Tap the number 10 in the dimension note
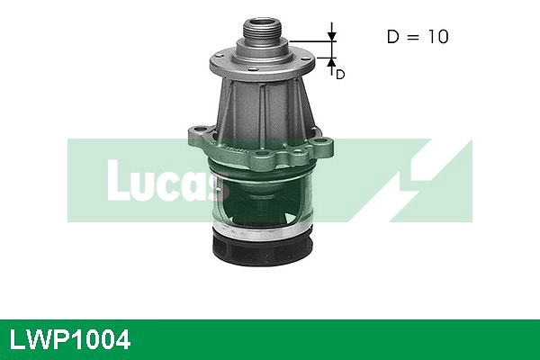[435, 37]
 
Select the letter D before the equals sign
[392, 37]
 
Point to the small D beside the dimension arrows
[340, 75]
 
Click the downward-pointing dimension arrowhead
[331, 37]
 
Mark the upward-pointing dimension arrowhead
[331, 62]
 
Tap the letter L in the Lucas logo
[116, 180]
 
